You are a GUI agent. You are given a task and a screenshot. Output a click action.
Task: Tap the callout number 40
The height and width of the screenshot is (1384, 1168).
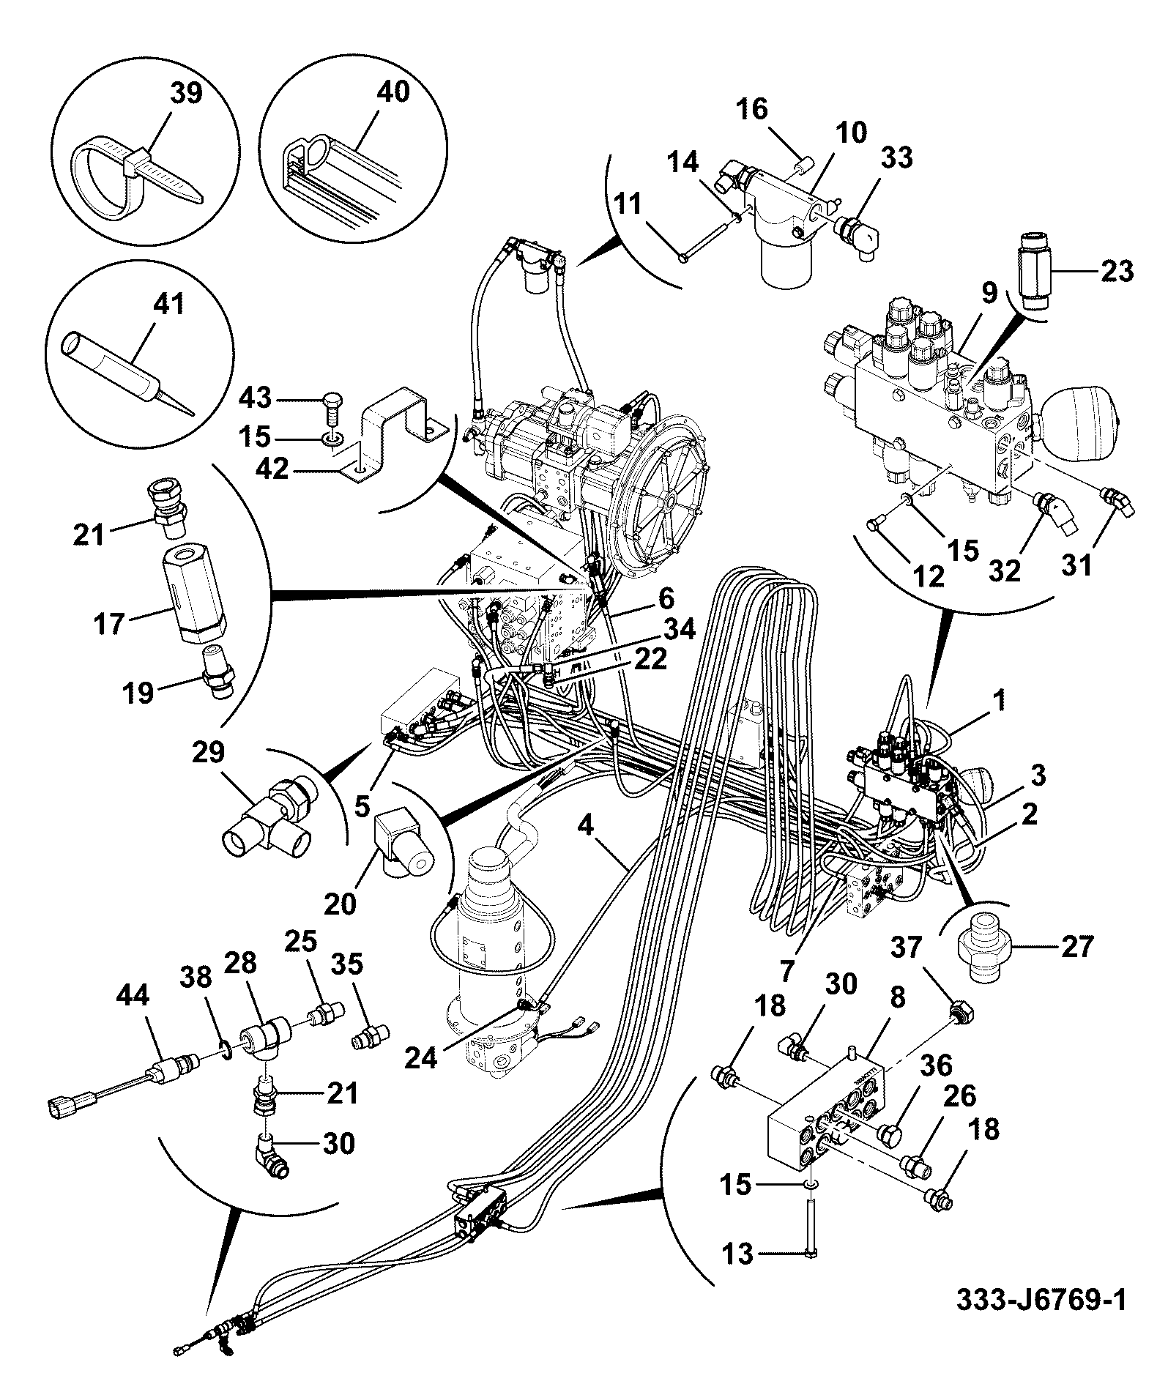(x=393, y=92)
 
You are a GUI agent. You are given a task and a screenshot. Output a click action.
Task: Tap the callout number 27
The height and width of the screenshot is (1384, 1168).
(x=1076, y=946)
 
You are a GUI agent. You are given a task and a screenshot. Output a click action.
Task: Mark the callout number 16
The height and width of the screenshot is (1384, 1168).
(x=751, y=109)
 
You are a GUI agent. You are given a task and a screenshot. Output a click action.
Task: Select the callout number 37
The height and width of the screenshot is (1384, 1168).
(x=908, y=948)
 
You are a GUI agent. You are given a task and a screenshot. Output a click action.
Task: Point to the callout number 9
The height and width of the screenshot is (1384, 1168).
(x=989, y=293)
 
